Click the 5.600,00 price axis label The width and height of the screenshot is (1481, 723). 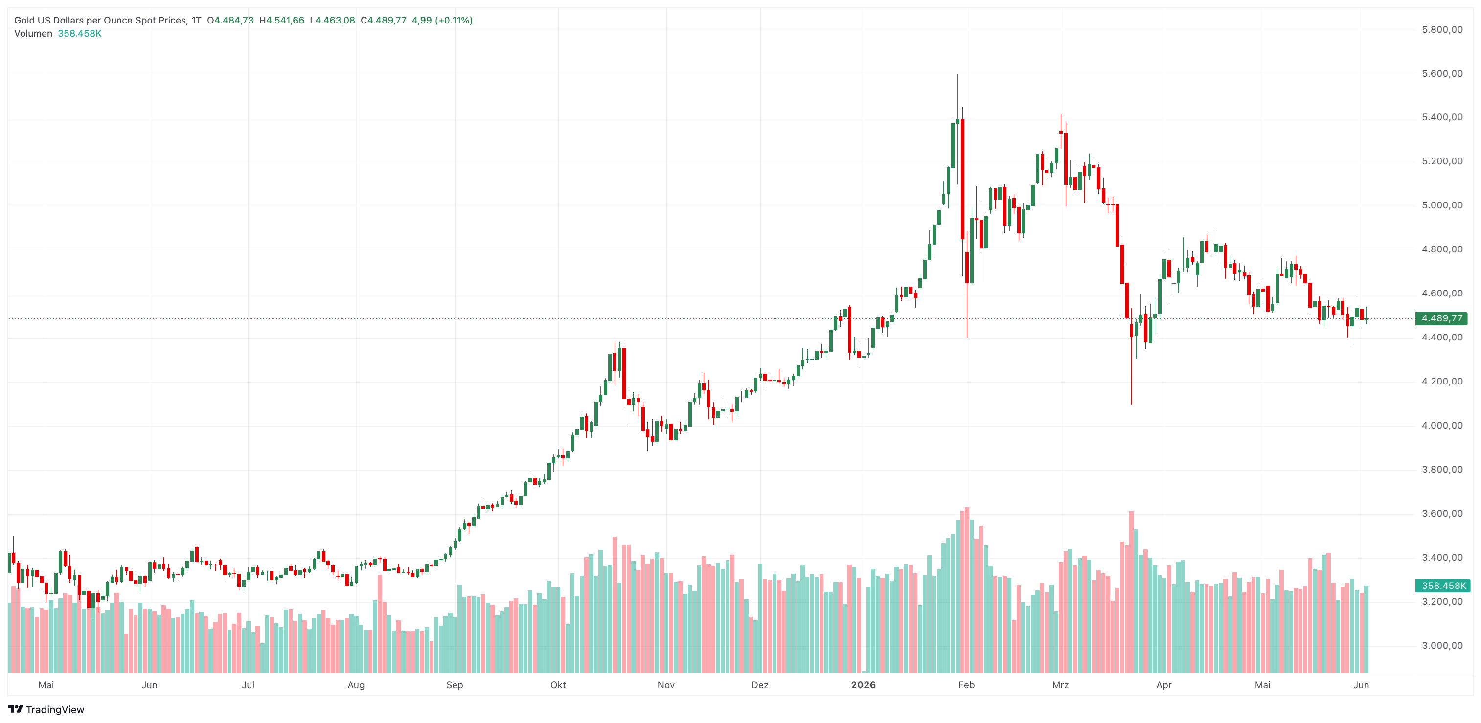click(x=1442, y=73)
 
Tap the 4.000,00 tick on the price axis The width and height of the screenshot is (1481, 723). click(x=1442, y=425)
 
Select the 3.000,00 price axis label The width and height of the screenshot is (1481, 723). click(x=1442, y=645)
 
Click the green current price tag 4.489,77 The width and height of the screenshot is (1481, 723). click(x=1441, y=318)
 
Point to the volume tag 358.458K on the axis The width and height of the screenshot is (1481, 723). click(x=1442, y=586)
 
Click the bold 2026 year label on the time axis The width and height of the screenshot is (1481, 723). click(x=863, y=685)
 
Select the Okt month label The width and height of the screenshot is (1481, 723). click(x=558, y=685)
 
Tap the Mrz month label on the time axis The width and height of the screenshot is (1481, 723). click(x=1060, y=685)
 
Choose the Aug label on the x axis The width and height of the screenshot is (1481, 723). click(x=356, y=685)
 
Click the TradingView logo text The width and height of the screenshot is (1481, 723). click(x=55, y=710)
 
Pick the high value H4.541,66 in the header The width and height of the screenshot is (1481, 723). click(x=281, y=20)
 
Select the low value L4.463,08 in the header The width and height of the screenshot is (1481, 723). click(x=332, y=20)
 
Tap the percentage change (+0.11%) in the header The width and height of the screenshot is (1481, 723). click(x=454, y=20)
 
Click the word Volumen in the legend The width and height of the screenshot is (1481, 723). click(x=33, y=33)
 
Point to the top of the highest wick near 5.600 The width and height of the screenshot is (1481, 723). click(x=957, y=75)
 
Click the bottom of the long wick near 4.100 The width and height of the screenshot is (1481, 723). click(x=1131, y=404)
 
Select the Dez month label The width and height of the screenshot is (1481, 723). click(x=759, y=685)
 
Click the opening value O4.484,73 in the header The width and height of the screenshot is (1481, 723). click(x=230, y=20)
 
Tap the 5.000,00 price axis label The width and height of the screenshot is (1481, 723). click(x=1442, y=205)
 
